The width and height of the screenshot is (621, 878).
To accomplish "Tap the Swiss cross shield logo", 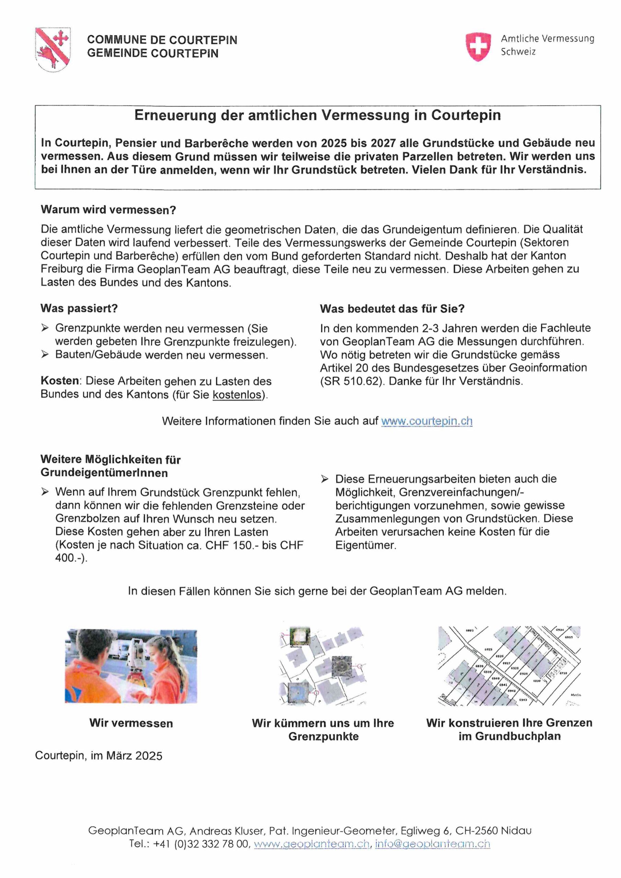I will (478, 46).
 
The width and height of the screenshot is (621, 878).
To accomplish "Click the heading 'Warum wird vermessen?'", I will (108, 210).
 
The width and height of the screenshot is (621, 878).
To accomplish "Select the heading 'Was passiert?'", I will (79, 308).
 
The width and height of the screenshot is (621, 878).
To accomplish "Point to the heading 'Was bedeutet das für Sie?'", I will (392, 309).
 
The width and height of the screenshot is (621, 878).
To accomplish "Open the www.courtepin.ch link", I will (426, 421).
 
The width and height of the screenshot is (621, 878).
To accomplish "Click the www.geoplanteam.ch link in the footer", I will (312, 844).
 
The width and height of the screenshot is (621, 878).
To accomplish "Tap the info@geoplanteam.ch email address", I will (432, 844).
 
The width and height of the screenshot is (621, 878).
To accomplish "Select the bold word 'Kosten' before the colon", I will (60, 381).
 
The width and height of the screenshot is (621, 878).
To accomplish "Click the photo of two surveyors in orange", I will (131, 666).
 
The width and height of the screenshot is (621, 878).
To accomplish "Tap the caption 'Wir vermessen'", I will (131, 723).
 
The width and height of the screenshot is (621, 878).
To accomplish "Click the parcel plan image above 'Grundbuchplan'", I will (509, 666).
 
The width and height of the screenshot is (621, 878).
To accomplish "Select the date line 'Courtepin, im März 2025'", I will (99, 756).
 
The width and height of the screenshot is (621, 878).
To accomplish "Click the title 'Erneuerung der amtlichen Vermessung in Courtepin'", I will (317, 116).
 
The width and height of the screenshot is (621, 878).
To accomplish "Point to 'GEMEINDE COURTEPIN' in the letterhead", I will (153, 54).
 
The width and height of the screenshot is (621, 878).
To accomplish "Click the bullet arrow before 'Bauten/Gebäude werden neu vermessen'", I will (45, 355).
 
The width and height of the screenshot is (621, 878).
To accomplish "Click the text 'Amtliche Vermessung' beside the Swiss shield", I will (548, 39).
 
